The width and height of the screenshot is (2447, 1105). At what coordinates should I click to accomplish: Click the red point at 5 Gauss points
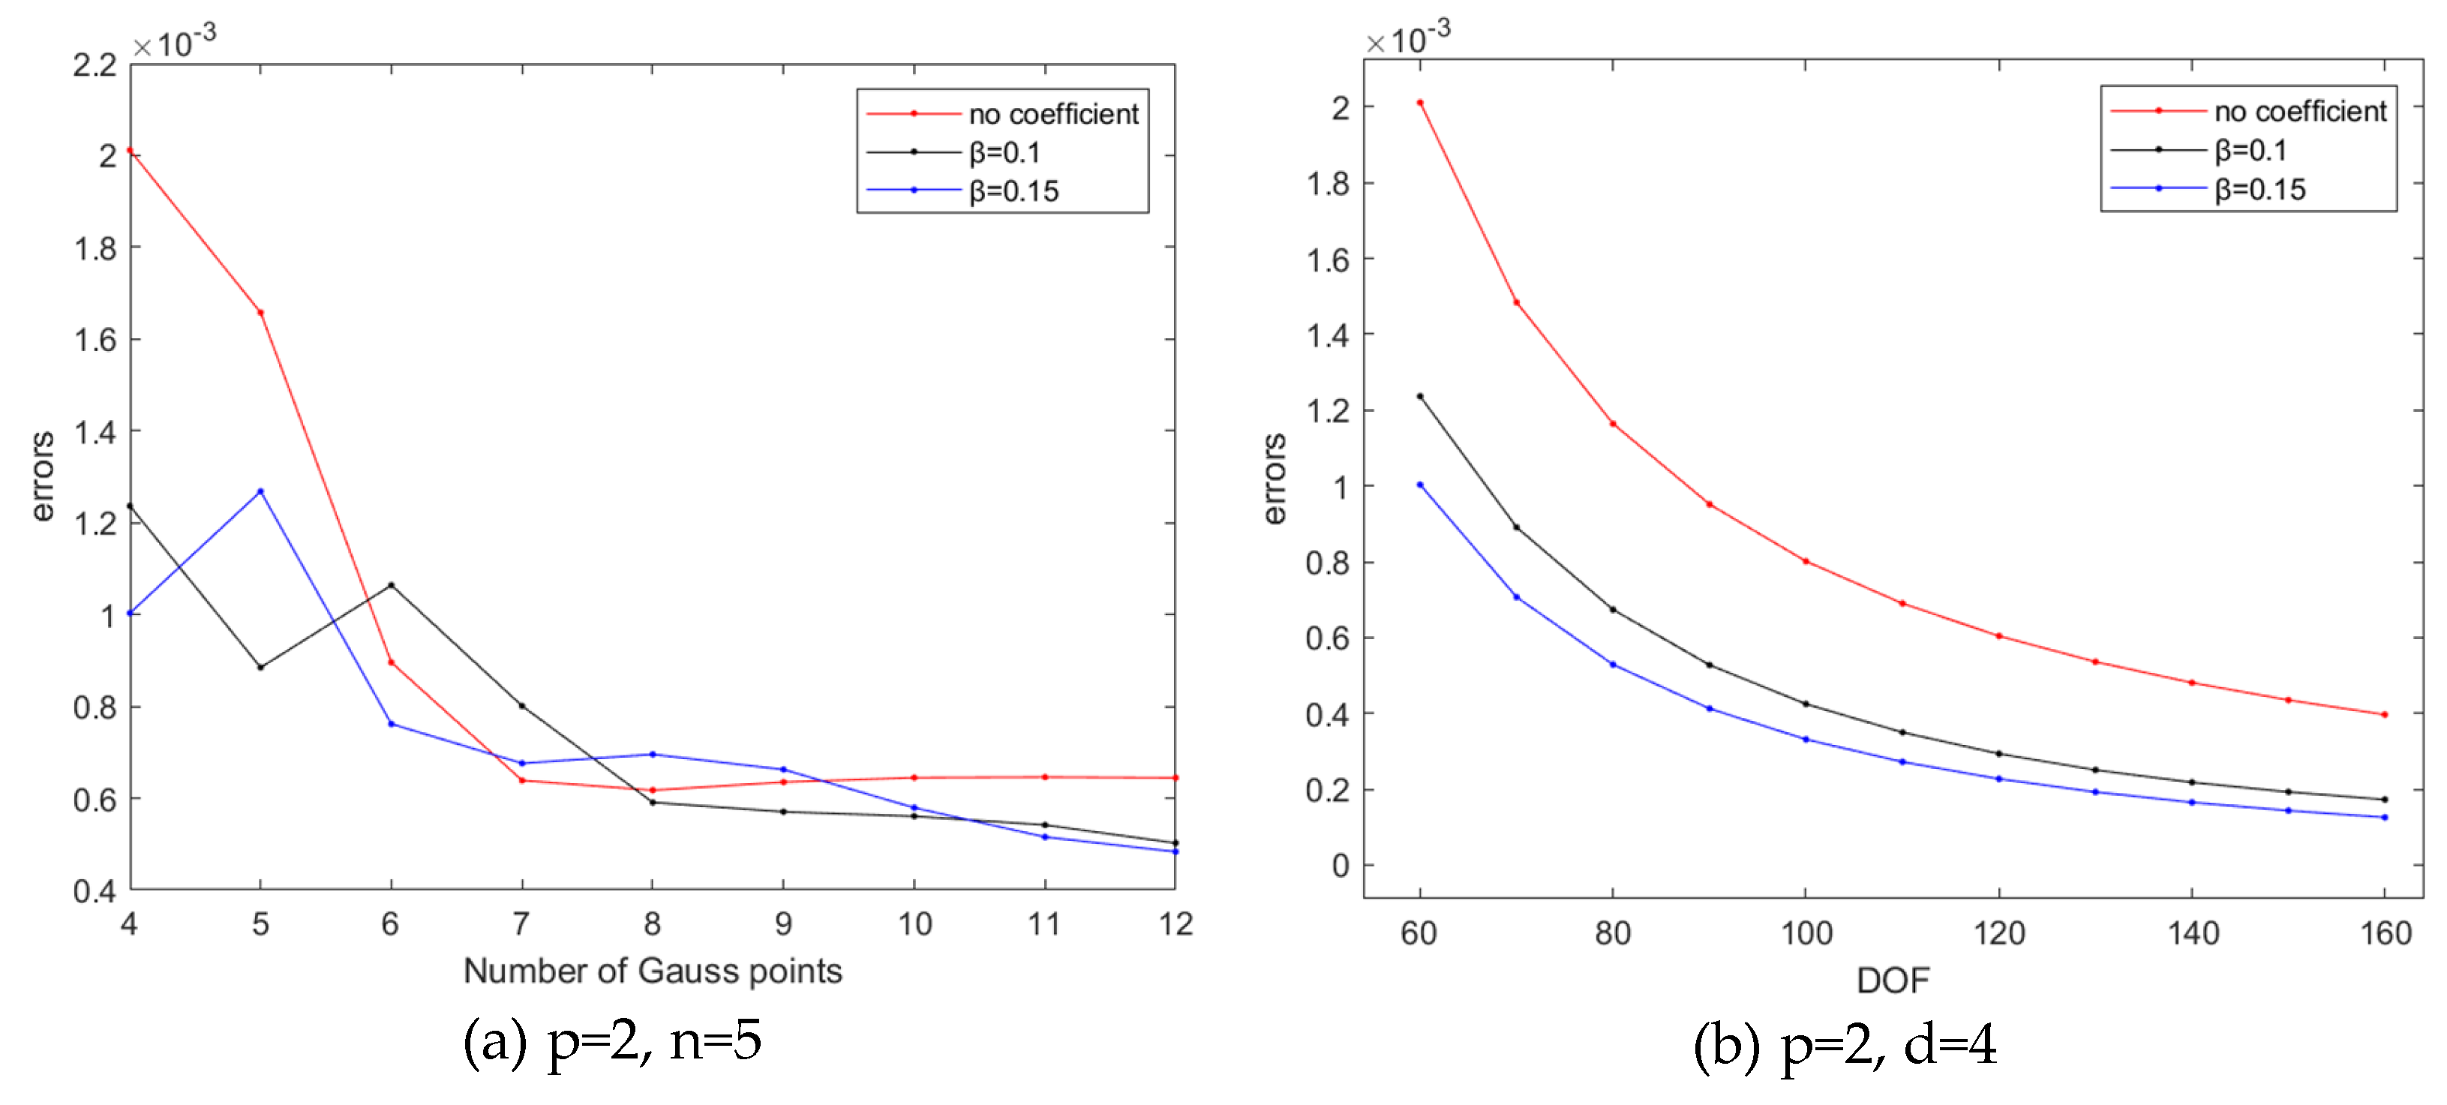pos(260,313)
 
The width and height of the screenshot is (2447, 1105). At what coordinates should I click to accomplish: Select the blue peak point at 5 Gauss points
pos(260,491)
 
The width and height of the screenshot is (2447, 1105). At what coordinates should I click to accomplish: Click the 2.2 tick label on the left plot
pos(95,65)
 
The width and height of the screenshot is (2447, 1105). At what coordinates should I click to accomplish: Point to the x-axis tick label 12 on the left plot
pos(1175,923)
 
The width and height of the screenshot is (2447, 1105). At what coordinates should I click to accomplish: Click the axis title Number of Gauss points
pos(653,971)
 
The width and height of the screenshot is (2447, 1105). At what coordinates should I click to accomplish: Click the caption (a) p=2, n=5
pos(612,1040)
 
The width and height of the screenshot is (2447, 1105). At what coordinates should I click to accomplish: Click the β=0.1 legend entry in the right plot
pos(2250,150)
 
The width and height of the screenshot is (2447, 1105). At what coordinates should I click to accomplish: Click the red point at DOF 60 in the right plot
pos(1420,103)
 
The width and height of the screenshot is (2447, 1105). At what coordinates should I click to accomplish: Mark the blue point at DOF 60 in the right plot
pos(1420,485)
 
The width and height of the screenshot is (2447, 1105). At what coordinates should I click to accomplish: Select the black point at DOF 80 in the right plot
pos(1613,609)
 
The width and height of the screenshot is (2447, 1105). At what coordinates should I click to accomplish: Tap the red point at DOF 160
pos(2384,714)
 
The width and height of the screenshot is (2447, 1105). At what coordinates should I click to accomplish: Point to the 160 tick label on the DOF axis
pos(2385,933)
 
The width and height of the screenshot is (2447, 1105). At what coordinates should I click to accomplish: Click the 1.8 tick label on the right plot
pos(1328,183)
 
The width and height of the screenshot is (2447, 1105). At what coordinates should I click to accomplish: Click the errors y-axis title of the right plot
pos(1275,479)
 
